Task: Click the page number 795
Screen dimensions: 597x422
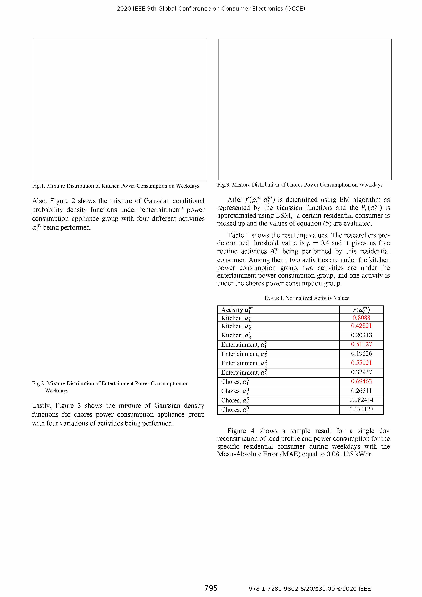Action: [211, 588]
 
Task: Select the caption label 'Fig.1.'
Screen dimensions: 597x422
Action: [39, 186]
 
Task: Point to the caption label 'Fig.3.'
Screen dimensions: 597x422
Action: [224, 185]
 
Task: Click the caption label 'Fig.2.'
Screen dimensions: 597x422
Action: [39, 384]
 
